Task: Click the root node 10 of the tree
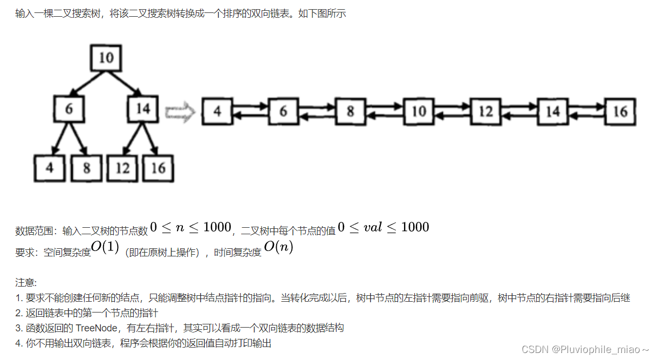[x=106, y=57]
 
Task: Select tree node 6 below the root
[x=69, y=109]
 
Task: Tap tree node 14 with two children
[x=142, y=109]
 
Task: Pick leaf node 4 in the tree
[x=50, y=168]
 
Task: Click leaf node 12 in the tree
[x=123, y=168]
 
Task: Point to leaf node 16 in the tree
[x=158, y=168]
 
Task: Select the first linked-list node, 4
[x=217, y=112]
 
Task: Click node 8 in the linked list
[x=350, y=112]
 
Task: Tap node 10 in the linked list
[x=419, y=112]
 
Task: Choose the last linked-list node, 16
[x=620, y=112]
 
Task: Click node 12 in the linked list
[x=485, y=112]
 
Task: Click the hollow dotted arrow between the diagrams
[x=180, y=112]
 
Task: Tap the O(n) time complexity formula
[x=278, y=249]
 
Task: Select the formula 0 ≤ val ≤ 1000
[x=383, y=227]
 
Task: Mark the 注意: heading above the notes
[x=26, y=282]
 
